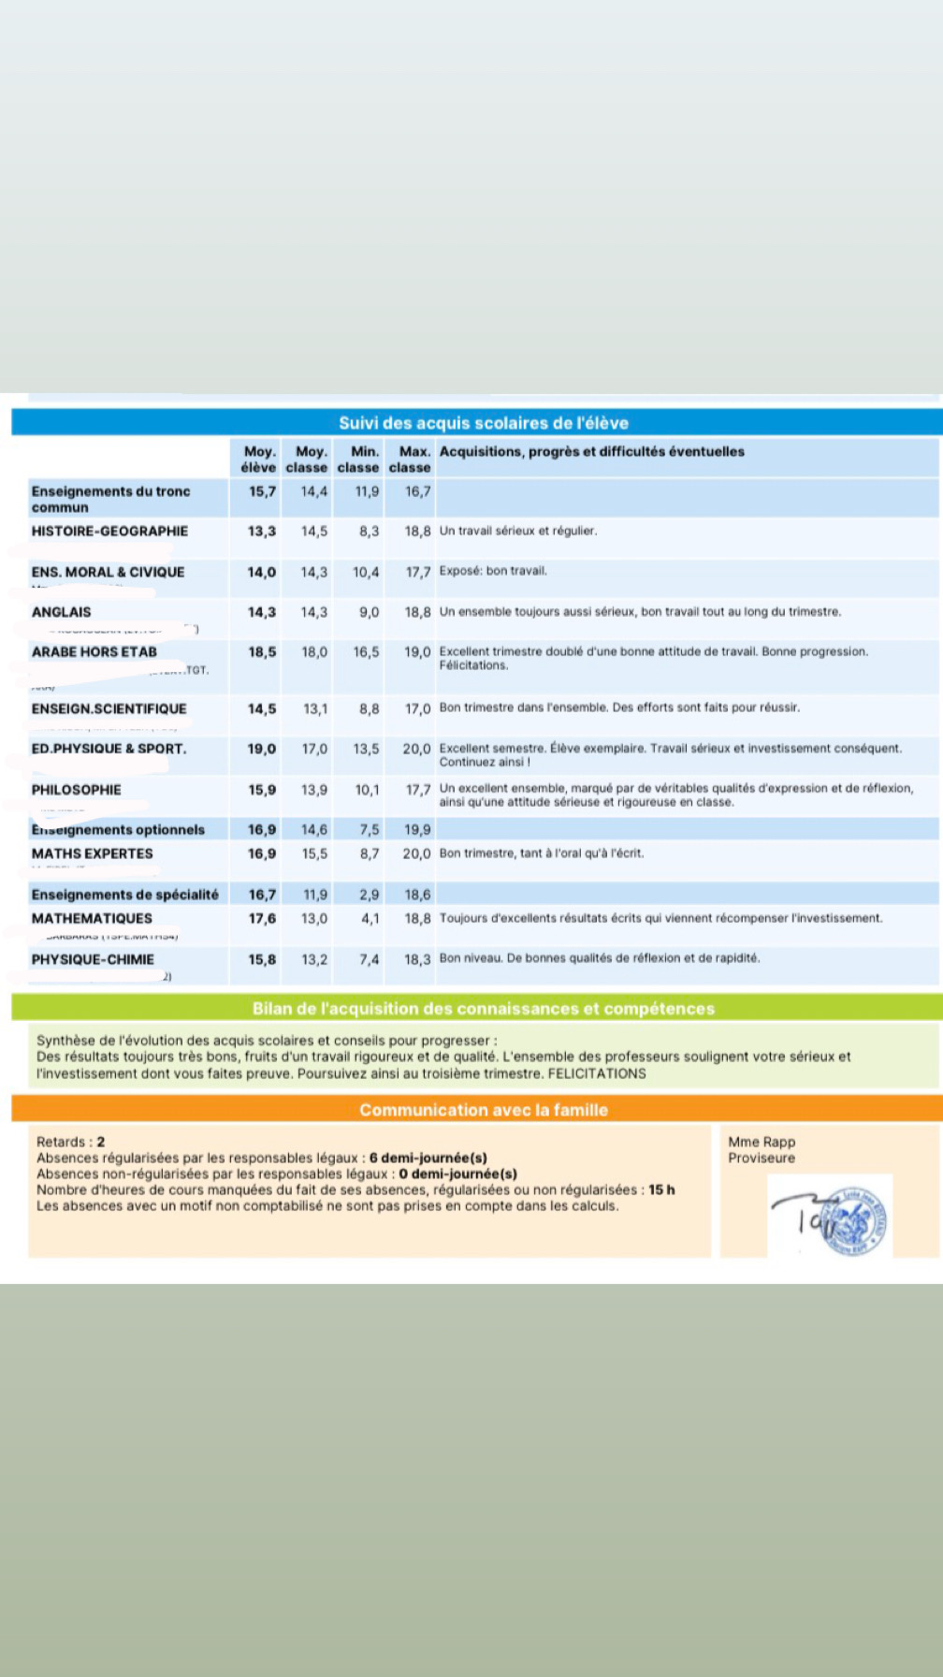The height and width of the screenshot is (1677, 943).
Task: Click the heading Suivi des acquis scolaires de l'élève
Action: [x=483, y=423]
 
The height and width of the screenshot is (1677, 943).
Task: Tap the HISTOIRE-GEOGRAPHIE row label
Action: [x=109, y=532]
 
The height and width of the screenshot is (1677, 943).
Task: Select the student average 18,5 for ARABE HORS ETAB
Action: [x=261, y=652]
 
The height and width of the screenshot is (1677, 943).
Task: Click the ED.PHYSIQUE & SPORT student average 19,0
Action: [x=261, y=750]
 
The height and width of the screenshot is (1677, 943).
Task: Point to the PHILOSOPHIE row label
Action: [x=77, y=790]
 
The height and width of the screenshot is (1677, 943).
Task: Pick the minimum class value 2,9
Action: [x=369, y=895]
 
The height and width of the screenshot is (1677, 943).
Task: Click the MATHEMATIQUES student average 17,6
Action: [x=261, y=919]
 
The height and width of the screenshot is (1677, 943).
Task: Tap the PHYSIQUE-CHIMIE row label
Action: [x=93, y=960]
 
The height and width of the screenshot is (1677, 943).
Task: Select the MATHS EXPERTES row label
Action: [x=92, y=853]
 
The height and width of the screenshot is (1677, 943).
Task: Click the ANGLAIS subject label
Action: [x=62, y=613]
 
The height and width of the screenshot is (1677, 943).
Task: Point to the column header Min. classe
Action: [x=358, y=459]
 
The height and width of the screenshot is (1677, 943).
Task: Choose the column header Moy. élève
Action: [x=258, y=459]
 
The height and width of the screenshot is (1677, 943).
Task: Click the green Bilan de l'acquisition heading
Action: [x=483, y=1009]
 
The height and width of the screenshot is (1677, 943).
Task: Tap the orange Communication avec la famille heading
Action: [x=483, y=1110]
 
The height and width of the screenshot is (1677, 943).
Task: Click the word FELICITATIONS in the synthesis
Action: [x=597, y=1073]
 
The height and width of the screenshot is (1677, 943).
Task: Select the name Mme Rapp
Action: [x=762, y=1142]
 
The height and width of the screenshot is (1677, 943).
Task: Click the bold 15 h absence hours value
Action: [x=661, y=1190]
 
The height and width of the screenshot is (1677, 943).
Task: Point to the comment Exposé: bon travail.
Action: [x=493, y=571]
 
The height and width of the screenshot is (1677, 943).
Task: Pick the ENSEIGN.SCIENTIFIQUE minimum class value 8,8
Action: [x=369, y=709]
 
